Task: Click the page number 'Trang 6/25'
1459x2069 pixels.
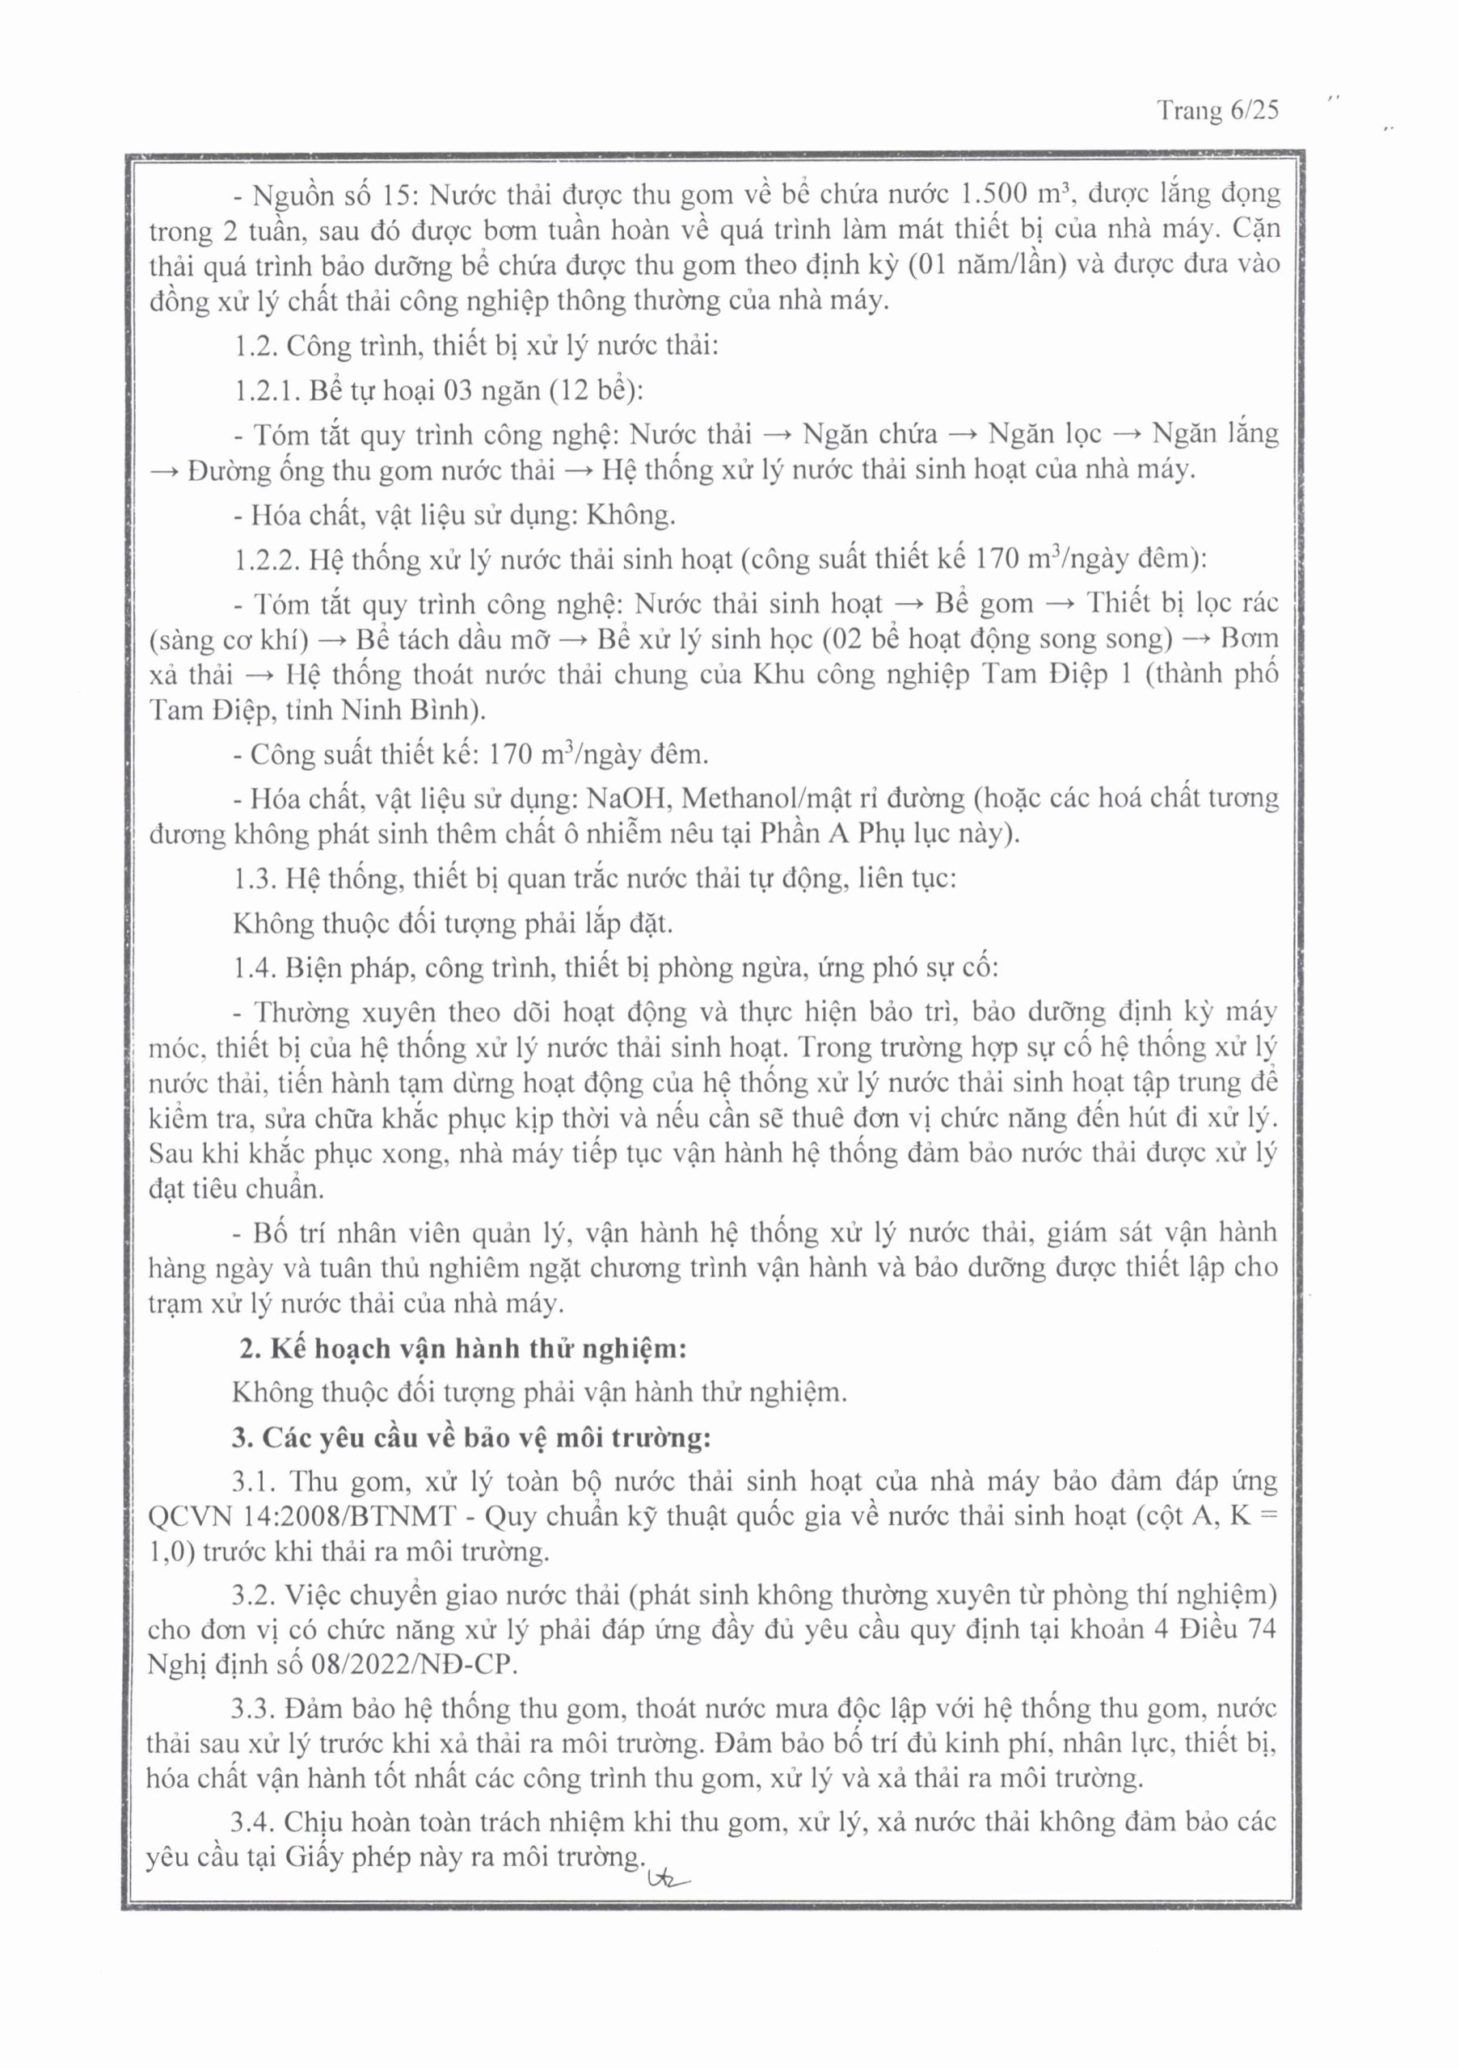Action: point(1217,111)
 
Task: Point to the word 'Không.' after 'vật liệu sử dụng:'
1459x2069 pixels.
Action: point(630,516)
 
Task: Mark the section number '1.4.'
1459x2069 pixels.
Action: point(256,967)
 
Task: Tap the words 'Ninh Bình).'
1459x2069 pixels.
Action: point(413,710)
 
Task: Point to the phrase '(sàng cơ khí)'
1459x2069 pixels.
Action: point(229,640)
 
